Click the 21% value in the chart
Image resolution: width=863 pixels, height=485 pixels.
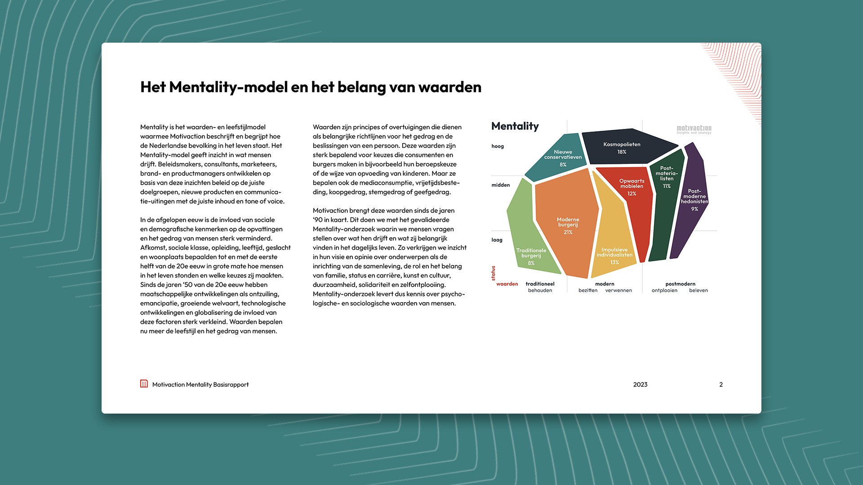(568, 232)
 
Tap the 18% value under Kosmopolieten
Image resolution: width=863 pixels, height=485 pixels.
(622, 152)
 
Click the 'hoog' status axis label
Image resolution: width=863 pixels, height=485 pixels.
(498, 146)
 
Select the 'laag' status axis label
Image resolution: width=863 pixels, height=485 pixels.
(497, 240)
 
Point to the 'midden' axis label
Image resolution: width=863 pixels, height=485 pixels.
(500, 185)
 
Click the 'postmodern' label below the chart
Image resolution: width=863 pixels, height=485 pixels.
(680, 284)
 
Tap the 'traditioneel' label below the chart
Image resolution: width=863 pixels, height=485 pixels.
(540, 284)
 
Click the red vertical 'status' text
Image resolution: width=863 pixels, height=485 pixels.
(493, 273)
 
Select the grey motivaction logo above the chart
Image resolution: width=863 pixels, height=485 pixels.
(694, 129)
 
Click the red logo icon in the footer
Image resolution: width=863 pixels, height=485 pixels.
(144, 384)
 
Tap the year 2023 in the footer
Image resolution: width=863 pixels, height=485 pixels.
(640, 384)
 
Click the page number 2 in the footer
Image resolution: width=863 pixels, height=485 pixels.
(721, 384)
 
